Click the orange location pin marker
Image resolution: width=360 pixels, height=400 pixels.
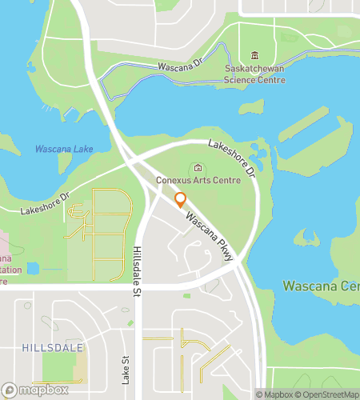[x=180, y=200]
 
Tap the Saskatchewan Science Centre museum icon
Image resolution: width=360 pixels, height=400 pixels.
[x=254, y=55]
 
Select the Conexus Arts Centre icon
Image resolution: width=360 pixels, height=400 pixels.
[x=198, y=167]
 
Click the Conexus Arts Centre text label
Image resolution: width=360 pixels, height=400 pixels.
[x=198, y=181]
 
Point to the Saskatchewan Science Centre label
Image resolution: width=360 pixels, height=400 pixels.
[x=255, y=74]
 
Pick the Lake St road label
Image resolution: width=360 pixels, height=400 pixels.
[x=125, y=370]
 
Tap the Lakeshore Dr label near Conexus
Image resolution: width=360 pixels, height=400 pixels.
[x=231, y=158]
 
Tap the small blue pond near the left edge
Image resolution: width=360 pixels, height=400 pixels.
[x=32, y=268]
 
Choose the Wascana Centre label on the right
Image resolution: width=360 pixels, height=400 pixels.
[x=321, y=286]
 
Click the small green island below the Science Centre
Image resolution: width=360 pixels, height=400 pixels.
[x=251, y=106]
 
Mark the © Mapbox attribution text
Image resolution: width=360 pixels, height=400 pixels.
[x=274, y=394]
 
